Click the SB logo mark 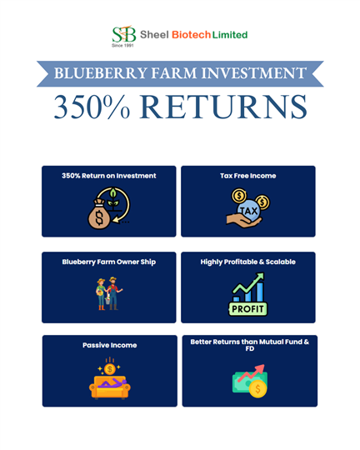tap(123, 34)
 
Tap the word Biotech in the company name tap(191, 35)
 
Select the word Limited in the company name tap(230, 35)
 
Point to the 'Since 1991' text tap(122, 45)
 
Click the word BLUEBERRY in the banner tap(101, 73)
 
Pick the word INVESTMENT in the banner tap(254, 73)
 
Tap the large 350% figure tap(92, 107)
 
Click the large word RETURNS tap(223, 107)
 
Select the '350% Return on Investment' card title tap(109, 176)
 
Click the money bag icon tap(99, 214)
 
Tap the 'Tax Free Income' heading tap(248, 176)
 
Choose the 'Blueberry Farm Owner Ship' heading tap(109, 262)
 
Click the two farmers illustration tap(109, 293)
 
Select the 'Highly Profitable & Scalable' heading tap(248, 262)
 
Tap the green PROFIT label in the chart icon tap(247, 309)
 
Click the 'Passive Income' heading tap(110, 345)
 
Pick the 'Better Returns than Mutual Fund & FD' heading tap(250, 345)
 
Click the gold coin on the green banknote tap(257, 389)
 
